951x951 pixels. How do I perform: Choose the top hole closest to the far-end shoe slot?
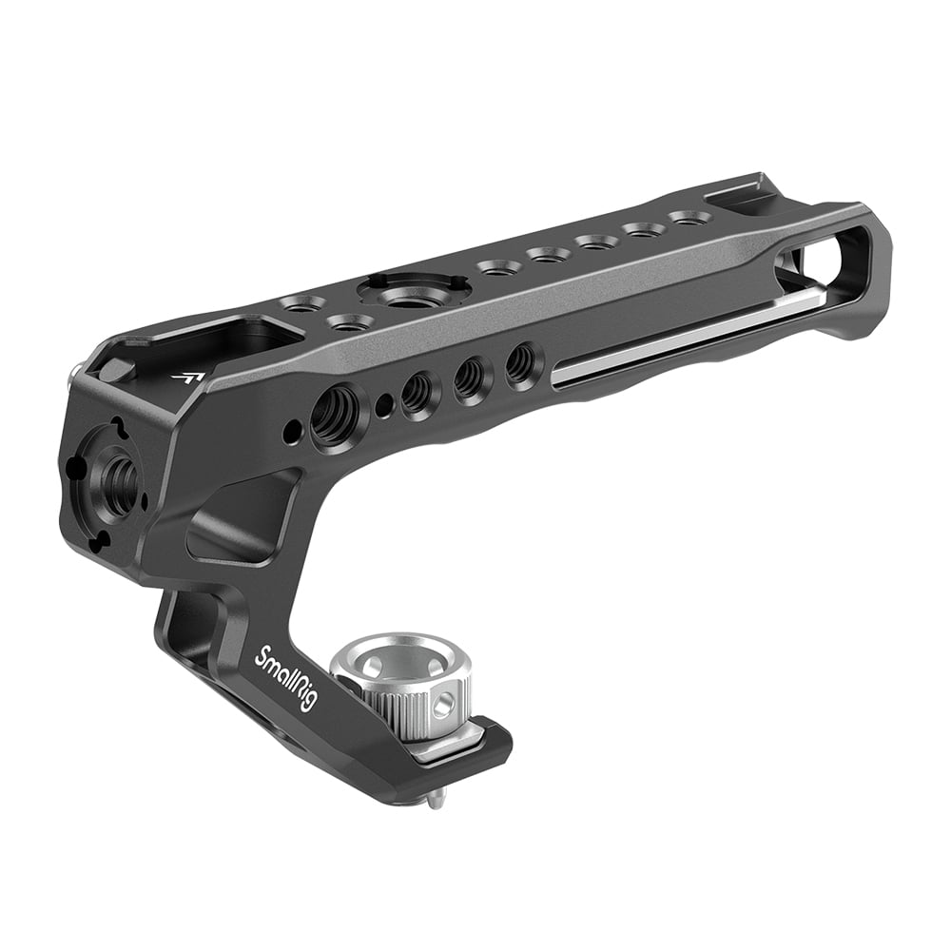(686, 219)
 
